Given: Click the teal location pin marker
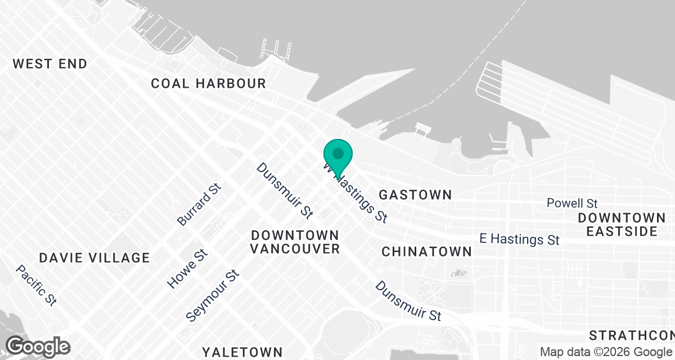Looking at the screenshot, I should tap(338, 154).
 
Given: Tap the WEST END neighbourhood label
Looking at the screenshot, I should tap(50, 64).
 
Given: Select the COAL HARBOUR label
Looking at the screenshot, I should tap(208, 84).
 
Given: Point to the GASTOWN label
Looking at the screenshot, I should tap(415, 195).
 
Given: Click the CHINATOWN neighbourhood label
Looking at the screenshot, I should tap(426, 251).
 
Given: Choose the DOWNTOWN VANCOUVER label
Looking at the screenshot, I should tap(295, 241).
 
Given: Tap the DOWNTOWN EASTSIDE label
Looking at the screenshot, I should tap(622, 224).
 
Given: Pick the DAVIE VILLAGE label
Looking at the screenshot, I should tap(94, 258).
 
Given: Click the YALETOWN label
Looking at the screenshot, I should tap(242, 352).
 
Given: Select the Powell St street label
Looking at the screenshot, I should tap(572, 203).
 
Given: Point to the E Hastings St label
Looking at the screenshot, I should tap(519, 239).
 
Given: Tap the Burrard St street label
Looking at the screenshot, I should tap(199, 205).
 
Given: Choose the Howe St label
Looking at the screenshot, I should tap(188, 269).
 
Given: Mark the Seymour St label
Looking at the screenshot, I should tap(213, 295).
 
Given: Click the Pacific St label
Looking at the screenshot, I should tap(36, 285).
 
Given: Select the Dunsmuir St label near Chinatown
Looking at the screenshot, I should tap(408, 301).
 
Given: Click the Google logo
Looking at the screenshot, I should tap(38, 346).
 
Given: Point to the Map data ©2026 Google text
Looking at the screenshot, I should tap(606, 352).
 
